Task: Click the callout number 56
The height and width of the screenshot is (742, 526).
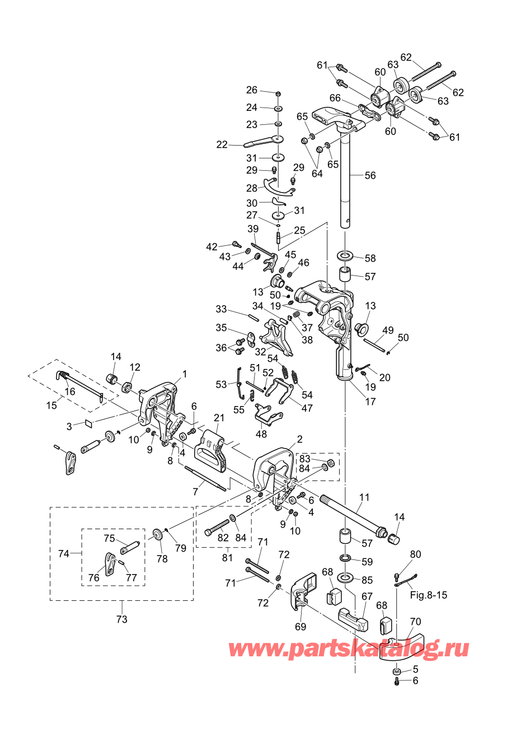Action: [370, 175]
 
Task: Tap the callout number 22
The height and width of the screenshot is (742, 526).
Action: [222, 144]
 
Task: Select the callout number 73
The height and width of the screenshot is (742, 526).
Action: [122, 619]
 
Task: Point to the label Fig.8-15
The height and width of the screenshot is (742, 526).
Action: [428, 595]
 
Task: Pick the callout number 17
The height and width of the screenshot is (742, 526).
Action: [370, 402]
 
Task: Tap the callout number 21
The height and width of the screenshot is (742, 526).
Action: [219, 418]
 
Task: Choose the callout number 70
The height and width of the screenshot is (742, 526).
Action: [415, 622]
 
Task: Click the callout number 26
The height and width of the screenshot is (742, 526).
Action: [252, 90]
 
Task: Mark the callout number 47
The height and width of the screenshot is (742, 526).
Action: [307, 408]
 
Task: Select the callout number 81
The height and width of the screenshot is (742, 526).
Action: [227, 558]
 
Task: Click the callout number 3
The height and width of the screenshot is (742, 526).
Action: [69, 426]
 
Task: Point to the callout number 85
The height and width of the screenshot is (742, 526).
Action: [367, 580]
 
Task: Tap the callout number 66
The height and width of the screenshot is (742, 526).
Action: [335, 98]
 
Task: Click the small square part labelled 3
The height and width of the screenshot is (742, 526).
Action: [90, 422]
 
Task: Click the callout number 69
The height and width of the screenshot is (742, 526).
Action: [300, 627]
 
